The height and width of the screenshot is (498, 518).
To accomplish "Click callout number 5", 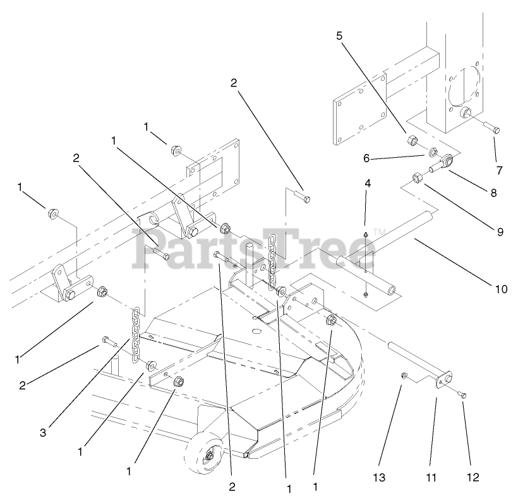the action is [x=339, y=35].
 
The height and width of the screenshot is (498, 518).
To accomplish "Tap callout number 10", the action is [x=501, y=290].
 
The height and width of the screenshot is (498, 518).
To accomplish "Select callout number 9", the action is [x=500, y=232].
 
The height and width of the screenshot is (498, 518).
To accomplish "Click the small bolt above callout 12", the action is [x=462, y=394].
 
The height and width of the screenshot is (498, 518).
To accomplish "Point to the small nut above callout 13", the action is [x=404, y=377].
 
